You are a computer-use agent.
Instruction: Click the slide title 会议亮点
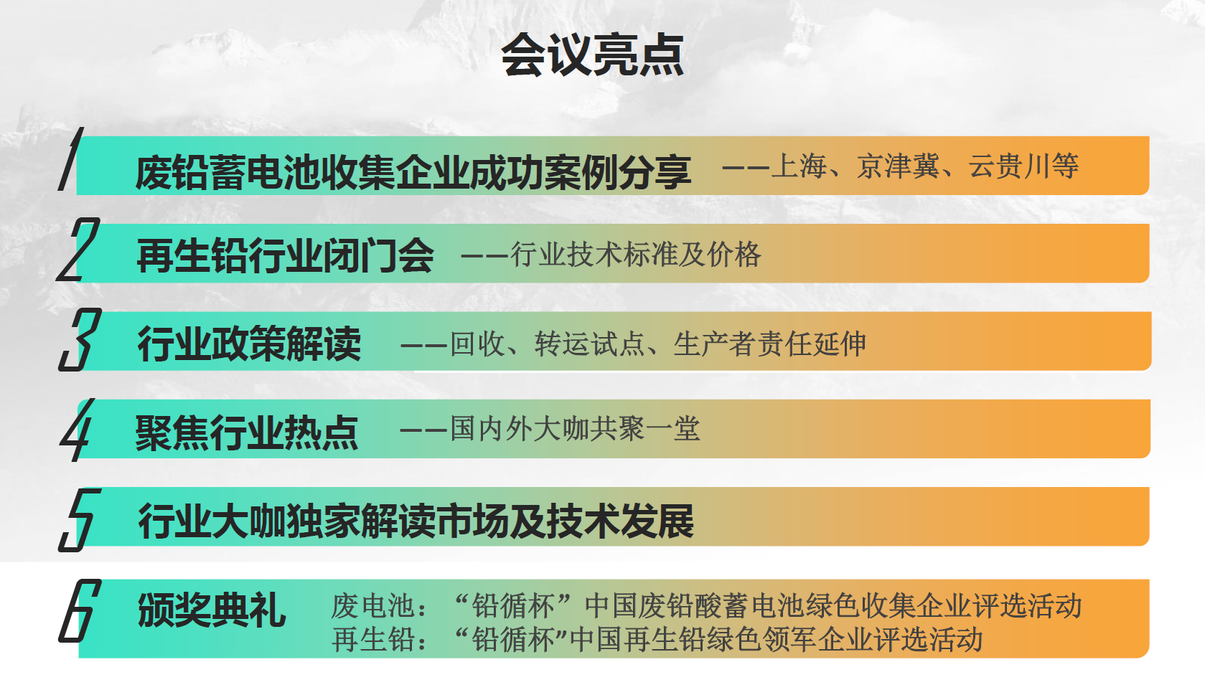pyautogui.click(x=592, y=55)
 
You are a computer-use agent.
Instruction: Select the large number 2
pyautogui.click(x=78, y=250)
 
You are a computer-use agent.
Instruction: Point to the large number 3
pyautogui.click(x=80, y=339)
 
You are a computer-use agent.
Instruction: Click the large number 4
pyautogui.click(x=77, y=430)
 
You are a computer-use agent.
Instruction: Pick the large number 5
pyautogui.click(x=80, y=520)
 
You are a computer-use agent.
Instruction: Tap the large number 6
pyautogui.click(x=80, y=610)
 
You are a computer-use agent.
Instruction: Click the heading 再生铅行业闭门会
pyautogui.click(x=285, y=255)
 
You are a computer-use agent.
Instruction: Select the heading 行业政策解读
pyautogui.click(x=248, y=343)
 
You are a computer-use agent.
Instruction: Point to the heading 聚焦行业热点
pyautogui.click(x=246, y=433)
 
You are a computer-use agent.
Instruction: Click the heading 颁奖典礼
pyautogui.click(x=212, y=610)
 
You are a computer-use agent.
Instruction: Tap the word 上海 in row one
pyautogui.click(x=799, y=166)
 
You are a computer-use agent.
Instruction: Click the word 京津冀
pyautogui.click(x=898, y=166)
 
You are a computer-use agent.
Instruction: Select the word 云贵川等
pyautogui.click(x=1023, y=166)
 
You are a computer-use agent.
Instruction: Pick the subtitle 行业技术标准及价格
pyautogui.click(x=636, y=255)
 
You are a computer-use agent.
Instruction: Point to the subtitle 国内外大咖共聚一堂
pyautogui.click(x=575, y=429)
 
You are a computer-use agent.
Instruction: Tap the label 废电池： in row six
pyautogui.click(x=379, y=606)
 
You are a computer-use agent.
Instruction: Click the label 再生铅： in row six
pyautogui.click(x=379, y=640)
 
